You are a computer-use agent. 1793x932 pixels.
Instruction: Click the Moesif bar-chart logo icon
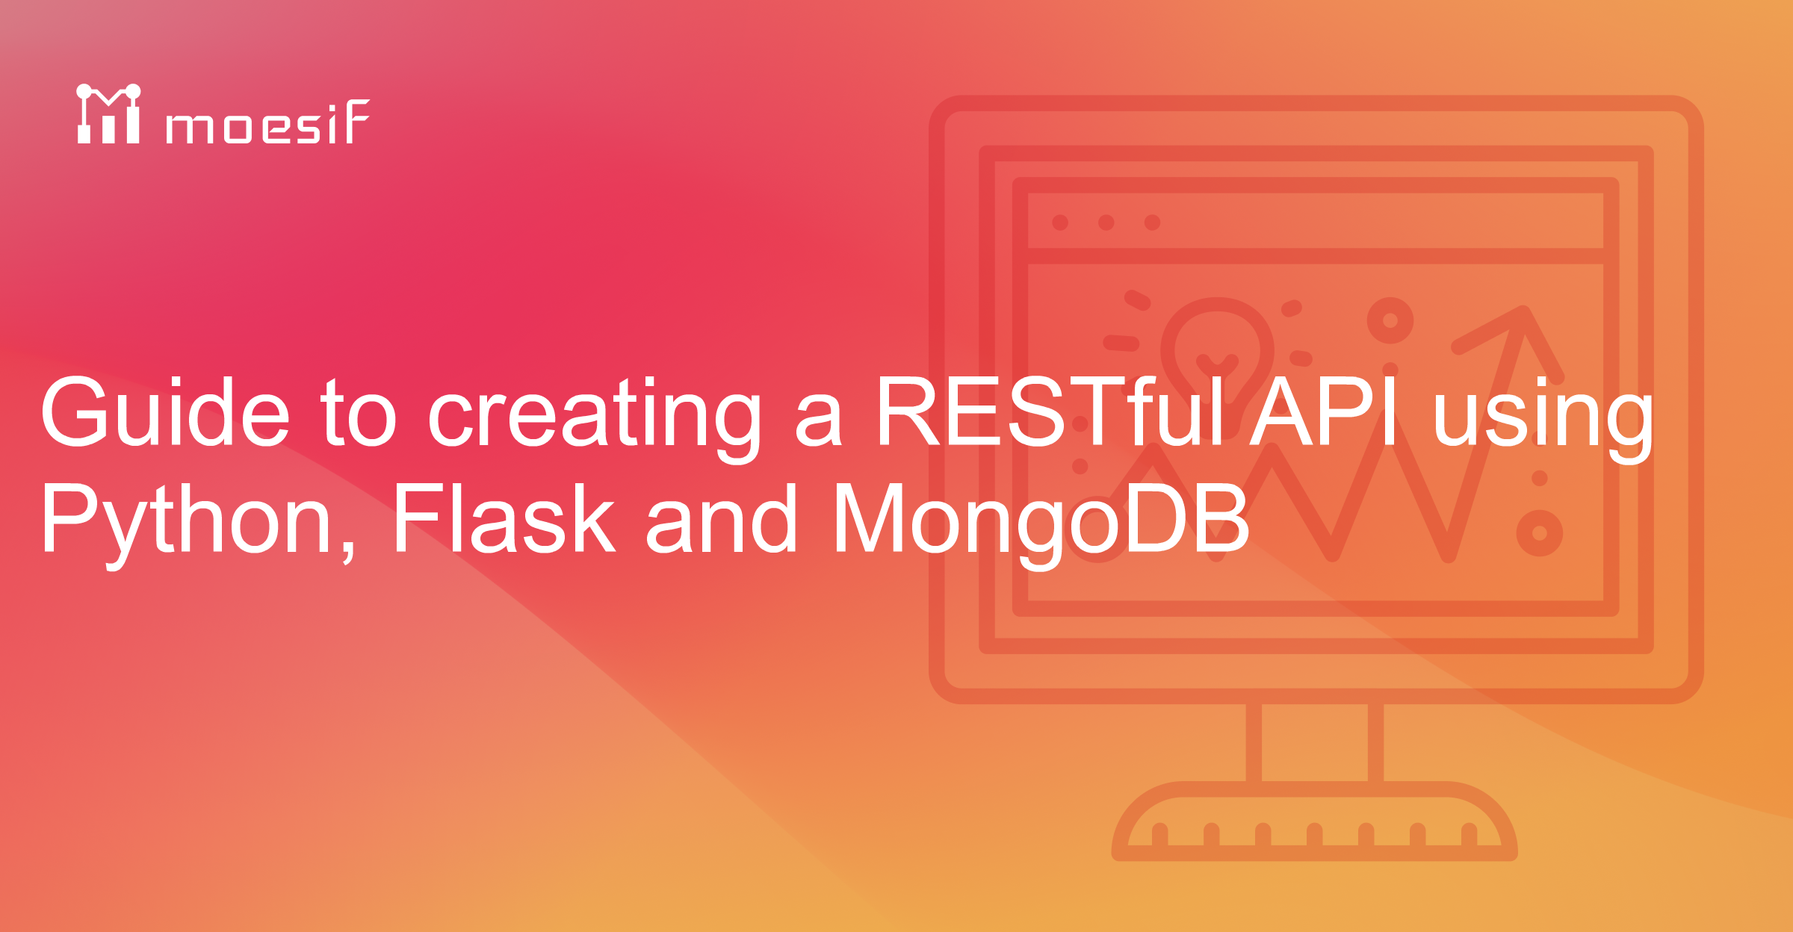pos(108,114)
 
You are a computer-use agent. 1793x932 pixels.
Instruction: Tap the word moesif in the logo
pos(267,121)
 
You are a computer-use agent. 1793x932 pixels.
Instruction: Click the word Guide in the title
pos(165,411)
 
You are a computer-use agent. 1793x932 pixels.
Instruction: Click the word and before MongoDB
pos(722,518)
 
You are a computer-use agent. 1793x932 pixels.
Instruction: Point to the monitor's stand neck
pos(1315,742)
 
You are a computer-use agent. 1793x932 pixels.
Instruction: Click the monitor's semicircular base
pos(1315,821)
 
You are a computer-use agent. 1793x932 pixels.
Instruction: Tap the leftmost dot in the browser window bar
pos(1060,223)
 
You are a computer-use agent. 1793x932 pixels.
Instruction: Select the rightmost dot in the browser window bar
pos(1153,223)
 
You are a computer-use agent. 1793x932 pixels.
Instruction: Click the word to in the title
pos(359,413)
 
